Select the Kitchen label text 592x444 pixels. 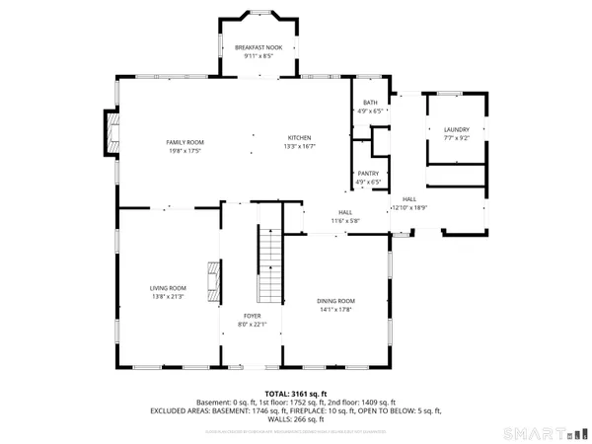pyautogui.click(x=299, y=137)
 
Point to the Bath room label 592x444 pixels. pyautogui.click(x=370, y=103)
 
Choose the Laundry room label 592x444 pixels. pyautogui.click(x=455, y=129)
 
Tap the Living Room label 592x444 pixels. pyautogui.click(x=168, y=288)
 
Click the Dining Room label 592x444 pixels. pyautogui.click(x=335, y=301)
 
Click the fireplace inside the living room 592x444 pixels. pyautogui.click(x=212, y=280)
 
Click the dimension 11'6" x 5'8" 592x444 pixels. pyautogui.click(x=345, y=220)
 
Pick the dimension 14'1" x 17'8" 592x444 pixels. pyautogui.click(x=335, y=310)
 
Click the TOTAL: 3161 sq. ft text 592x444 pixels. pyautogui.click(x=295, y=394)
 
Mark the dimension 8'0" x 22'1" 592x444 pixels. pyautogui.click(x=253, y=324)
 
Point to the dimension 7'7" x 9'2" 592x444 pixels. pyautogui.click(x=455, y=138)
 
